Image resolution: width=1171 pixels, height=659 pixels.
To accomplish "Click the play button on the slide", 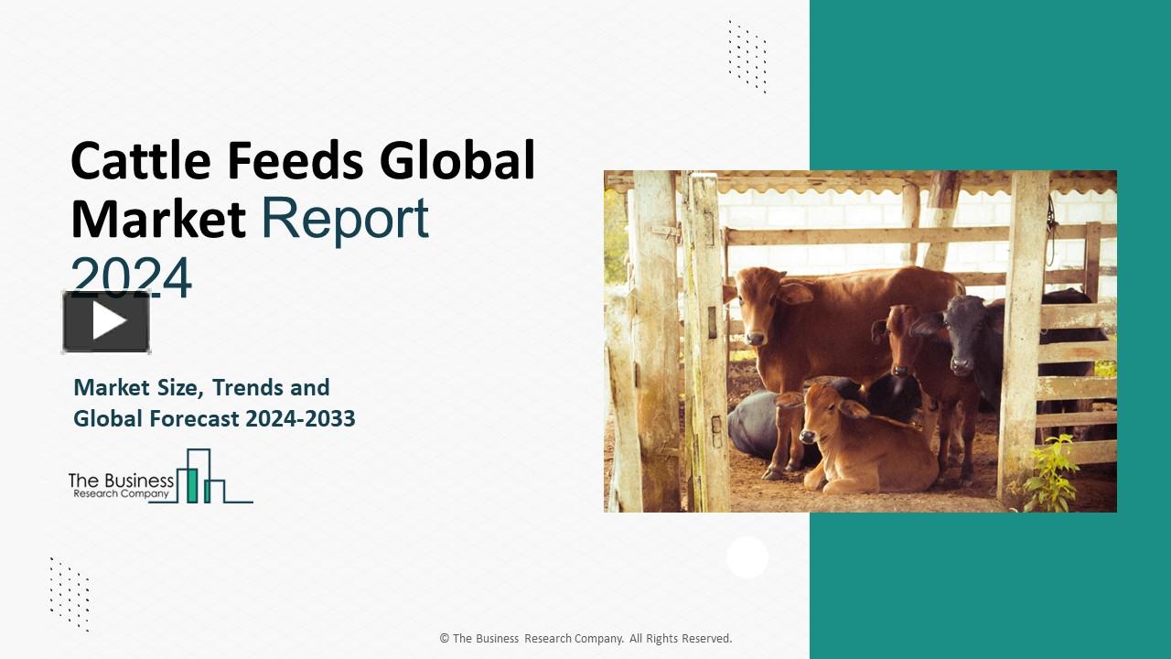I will (x=107, y=321).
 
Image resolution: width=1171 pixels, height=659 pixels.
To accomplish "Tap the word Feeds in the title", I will (x=295, y=161).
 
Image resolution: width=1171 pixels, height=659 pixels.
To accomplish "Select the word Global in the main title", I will (x=457, y=161).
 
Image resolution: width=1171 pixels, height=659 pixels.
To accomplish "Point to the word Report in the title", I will (x=344, y=219).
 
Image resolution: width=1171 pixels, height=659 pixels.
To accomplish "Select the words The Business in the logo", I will (x=121, y=480).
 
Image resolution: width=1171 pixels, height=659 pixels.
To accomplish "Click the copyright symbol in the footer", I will (x=444, y=639).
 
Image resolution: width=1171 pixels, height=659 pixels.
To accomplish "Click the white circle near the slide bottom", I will (x=747, y=557).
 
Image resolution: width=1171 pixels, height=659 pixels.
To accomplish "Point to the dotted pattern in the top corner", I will (x=747, y=56).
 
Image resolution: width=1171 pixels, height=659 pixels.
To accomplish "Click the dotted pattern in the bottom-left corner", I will (x=70, y=593).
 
